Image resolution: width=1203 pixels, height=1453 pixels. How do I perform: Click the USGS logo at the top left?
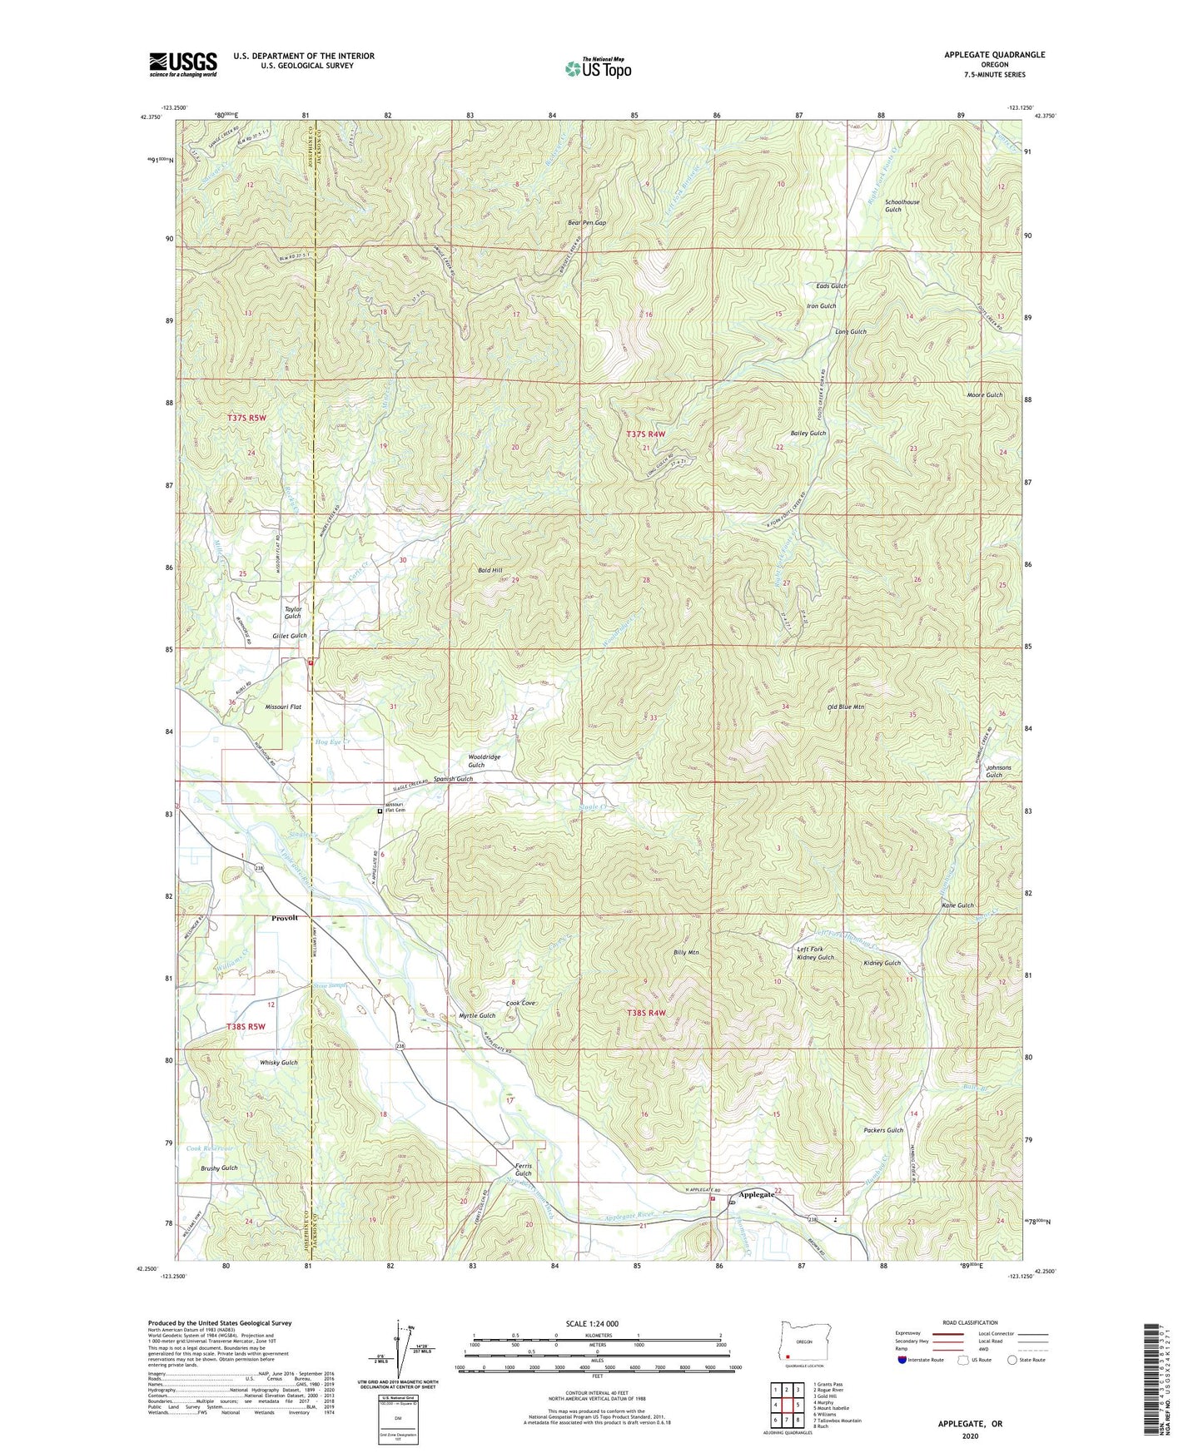pyautogui.click(x=182, y=63)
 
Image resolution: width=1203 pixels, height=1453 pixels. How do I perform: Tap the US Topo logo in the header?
pyautogui.click(x=598, y=68)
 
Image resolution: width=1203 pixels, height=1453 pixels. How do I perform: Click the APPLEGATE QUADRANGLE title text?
pyautogui.click(x=994, y=55)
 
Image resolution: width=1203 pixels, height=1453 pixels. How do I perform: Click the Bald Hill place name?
pyautogui.click(x=490, y=570)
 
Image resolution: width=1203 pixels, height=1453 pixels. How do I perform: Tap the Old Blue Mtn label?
pyautogui.click(x=846, y=707)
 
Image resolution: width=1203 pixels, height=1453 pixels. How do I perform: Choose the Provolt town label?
pyautogui.click(x=284, y=918)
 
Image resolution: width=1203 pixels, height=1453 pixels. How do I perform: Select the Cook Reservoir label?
pyautogui.click(x=210, y=1148)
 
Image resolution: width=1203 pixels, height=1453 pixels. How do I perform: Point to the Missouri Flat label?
pyautogui.click(x=283, y=707)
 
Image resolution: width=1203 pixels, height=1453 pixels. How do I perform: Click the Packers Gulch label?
pyautogui.click(x=882, y=1130)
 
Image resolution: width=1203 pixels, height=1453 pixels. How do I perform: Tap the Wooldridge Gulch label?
pyautogui.click(x=484, y=761)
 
